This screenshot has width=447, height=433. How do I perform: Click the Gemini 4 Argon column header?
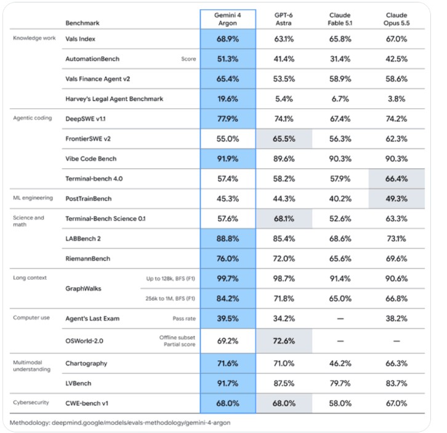click(x=227, y=19)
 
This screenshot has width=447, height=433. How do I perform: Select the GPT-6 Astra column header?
click(x=284, y=19)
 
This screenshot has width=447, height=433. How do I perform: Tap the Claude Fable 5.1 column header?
click(x=340, y=19)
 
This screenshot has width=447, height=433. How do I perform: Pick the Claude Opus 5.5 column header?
click(x=397, y=19)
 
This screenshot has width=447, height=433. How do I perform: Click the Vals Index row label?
click(x=80, y=39)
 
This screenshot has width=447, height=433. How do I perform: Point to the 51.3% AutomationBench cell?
click(x=227, y=59)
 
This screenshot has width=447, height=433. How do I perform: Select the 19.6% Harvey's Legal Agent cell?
click(x=227, y=99)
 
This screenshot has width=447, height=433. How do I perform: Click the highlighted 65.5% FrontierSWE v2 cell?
click(x=284, y=139)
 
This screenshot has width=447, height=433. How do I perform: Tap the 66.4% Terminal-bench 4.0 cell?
click(x=397, y=178)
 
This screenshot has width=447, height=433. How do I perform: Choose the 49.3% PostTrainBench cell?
click(x=397, y=199)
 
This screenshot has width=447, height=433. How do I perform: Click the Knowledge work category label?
click(x=34, y=38)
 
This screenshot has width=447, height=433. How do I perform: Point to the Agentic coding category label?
click(x=33, y=118)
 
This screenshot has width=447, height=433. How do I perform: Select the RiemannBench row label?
click(x=87, y=259)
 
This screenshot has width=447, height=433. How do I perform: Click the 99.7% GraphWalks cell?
click(x=227, y=279)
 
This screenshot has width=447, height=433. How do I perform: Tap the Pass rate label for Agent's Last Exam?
click(x=184, y=319)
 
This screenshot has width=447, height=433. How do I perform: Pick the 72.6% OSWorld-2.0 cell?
click(x=284, y=341)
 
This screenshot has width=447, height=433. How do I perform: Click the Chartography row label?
click(x=86, y=363)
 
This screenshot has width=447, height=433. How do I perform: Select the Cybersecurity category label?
click(x=31, y=402)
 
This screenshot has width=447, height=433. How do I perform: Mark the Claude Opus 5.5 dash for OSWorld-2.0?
click(x=397, y=341)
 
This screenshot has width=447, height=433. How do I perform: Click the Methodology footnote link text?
click(x=120, y=423)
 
